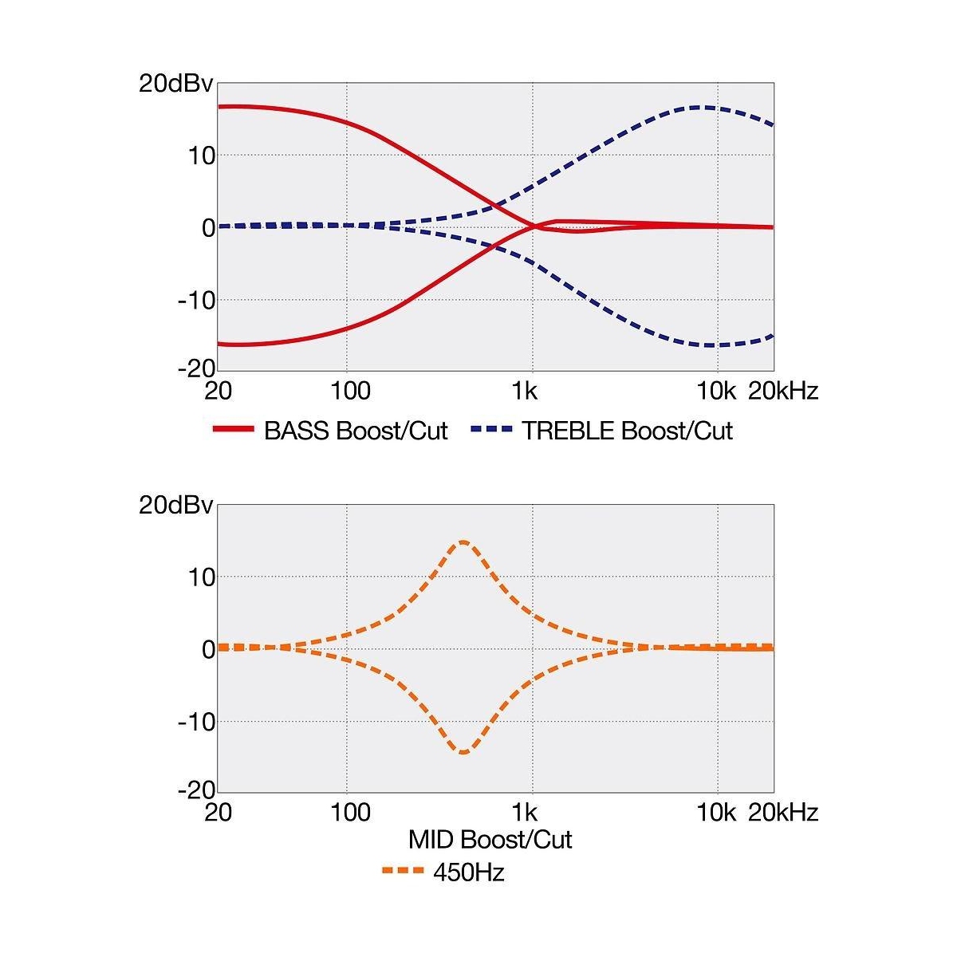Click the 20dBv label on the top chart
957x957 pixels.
(176, 84)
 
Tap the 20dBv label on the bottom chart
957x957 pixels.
(176, 505)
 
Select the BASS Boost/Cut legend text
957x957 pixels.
(356, 431)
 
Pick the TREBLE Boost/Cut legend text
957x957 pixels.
(627, 431)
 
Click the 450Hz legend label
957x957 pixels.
(469, 872)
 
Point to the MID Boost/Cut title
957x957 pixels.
(490, 839)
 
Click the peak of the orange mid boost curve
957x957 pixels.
(463, 542)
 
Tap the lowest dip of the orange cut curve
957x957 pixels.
(463, 752)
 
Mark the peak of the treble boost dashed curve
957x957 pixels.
(700, 107)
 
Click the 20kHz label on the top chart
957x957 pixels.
(782, 391)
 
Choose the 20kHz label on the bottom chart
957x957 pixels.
(782, 813)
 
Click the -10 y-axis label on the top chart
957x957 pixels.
(196, 301)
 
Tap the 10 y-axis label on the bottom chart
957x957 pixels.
(203, 577)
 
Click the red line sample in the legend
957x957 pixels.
(233, 430)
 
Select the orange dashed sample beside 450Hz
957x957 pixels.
(403, 872)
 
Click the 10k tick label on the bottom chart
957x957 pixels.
(716, 813)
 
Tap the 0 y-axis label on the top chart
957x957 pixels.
(208, 228)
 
